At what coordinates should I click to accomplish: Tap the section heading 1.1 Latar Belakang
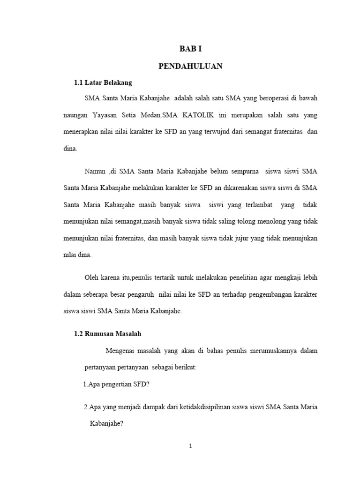click(x=103, y=83)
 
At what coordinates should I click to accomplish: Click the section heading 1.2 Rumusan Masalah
click(x=107, y=334)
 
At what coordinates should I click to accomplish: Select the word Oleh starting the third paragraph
click(x=91, y=277)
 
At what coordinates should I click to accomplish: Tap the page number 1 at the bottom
click(x=191, y=446)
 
